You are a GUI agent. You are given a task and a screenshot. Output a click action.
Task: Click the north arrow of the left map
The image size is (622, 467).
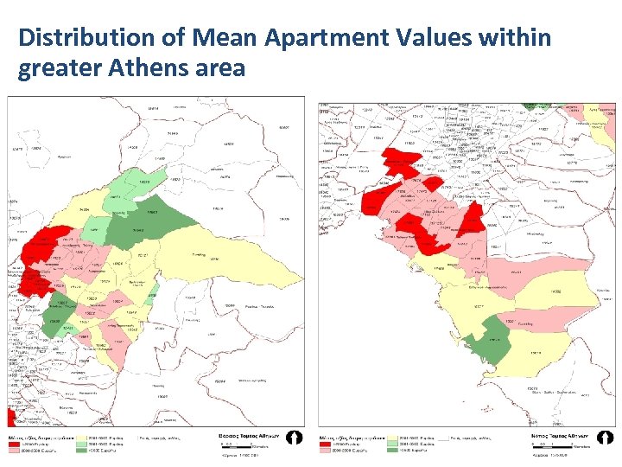[x=295, y=438]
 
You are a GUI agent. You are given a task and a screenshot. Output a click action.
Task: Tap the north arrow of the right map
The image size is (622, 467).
[x=605, y=438]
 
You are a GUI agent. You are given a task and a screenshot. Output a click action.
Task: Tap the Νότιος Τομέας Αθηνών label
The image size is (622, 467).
[x=566, y=438]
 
